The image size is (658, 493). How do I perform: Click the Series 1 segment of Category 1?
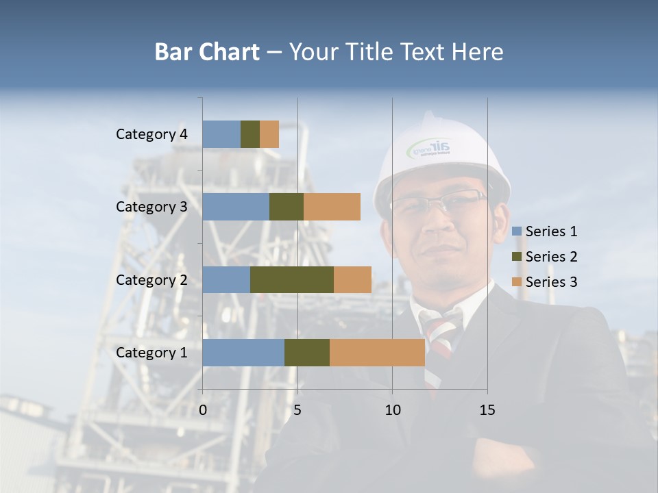pyautogui.click(x=243, y=353)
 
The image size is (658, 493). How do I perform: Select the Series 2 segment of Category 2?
pyautogui.click(x=292, y=279)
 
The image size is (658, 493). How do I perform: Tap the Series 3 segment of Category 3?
pyautogui.click(x=332, y=207)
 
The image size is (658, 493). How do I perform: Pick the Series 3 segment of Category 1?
pyautogui.click(x=377, y=353)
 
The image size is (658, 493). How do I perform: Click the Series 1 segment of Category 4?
pyautogui.click(x=221, y=134)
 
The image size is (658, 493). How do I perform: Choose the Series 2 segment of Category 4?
pyautogui.click(x=250, y=134)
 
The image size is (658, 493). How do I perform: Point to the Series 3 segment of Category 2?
pyautogui.click(x=352, y=279)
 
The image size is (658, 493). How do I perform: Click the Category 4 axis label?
pyautogui.click(x=151, y=134)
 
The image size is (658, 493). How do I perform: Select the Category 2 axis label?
pyautogui.click(x=151, y=279)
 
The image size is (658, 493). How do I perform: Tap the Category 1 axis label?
pyautogui.click(x=151, y=353)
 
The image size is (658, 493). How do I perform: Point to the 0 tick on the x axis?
pyautogui.click(x=203, y=410)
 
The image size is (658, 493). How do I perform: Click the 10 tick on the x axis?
pyautogui.click(x=392, y=410)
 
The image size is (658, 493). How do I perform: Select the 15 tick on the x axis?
pyautogui.click(x=487, y=410)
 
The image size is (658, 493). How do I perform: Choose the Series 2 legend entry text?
pyautogui.click(x=551, y=257)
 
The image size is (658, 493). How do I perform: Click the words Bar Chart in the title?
pyautogui.click(x=207, y=52)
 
